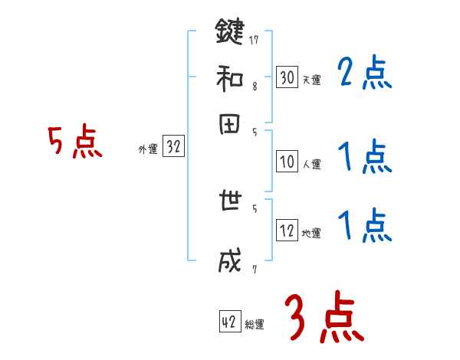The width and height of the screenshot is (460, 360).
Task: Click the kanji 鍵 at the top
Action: [x=228, y=33]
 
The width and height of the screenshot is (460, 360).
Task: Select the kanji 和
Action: [x=228, y=80]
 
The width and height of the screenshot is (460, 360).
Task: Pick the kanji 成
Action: [x=228, y=262]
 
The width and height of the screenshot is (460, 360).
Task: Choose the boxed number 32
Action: [x=173, y=148]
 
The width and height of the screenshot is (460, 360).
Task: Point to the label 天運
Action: [x=311, y=80]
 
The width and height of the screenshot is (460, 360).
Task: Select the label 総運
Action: [x=254, y=325]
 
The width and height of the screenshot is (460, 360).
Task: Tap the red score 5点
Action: [x=74, y=142]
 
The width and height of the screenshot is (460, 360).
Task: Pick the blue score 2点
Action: [x=364, y=74]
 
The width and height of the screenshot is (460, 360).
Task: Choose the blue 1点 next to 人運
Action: [x=364, y=159]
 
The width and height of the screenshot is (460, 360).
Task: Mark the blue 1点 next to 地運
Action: [x=364, y=226]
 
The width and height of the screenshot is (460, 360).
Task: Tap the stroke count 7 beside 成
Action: [x=254, y=269]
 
